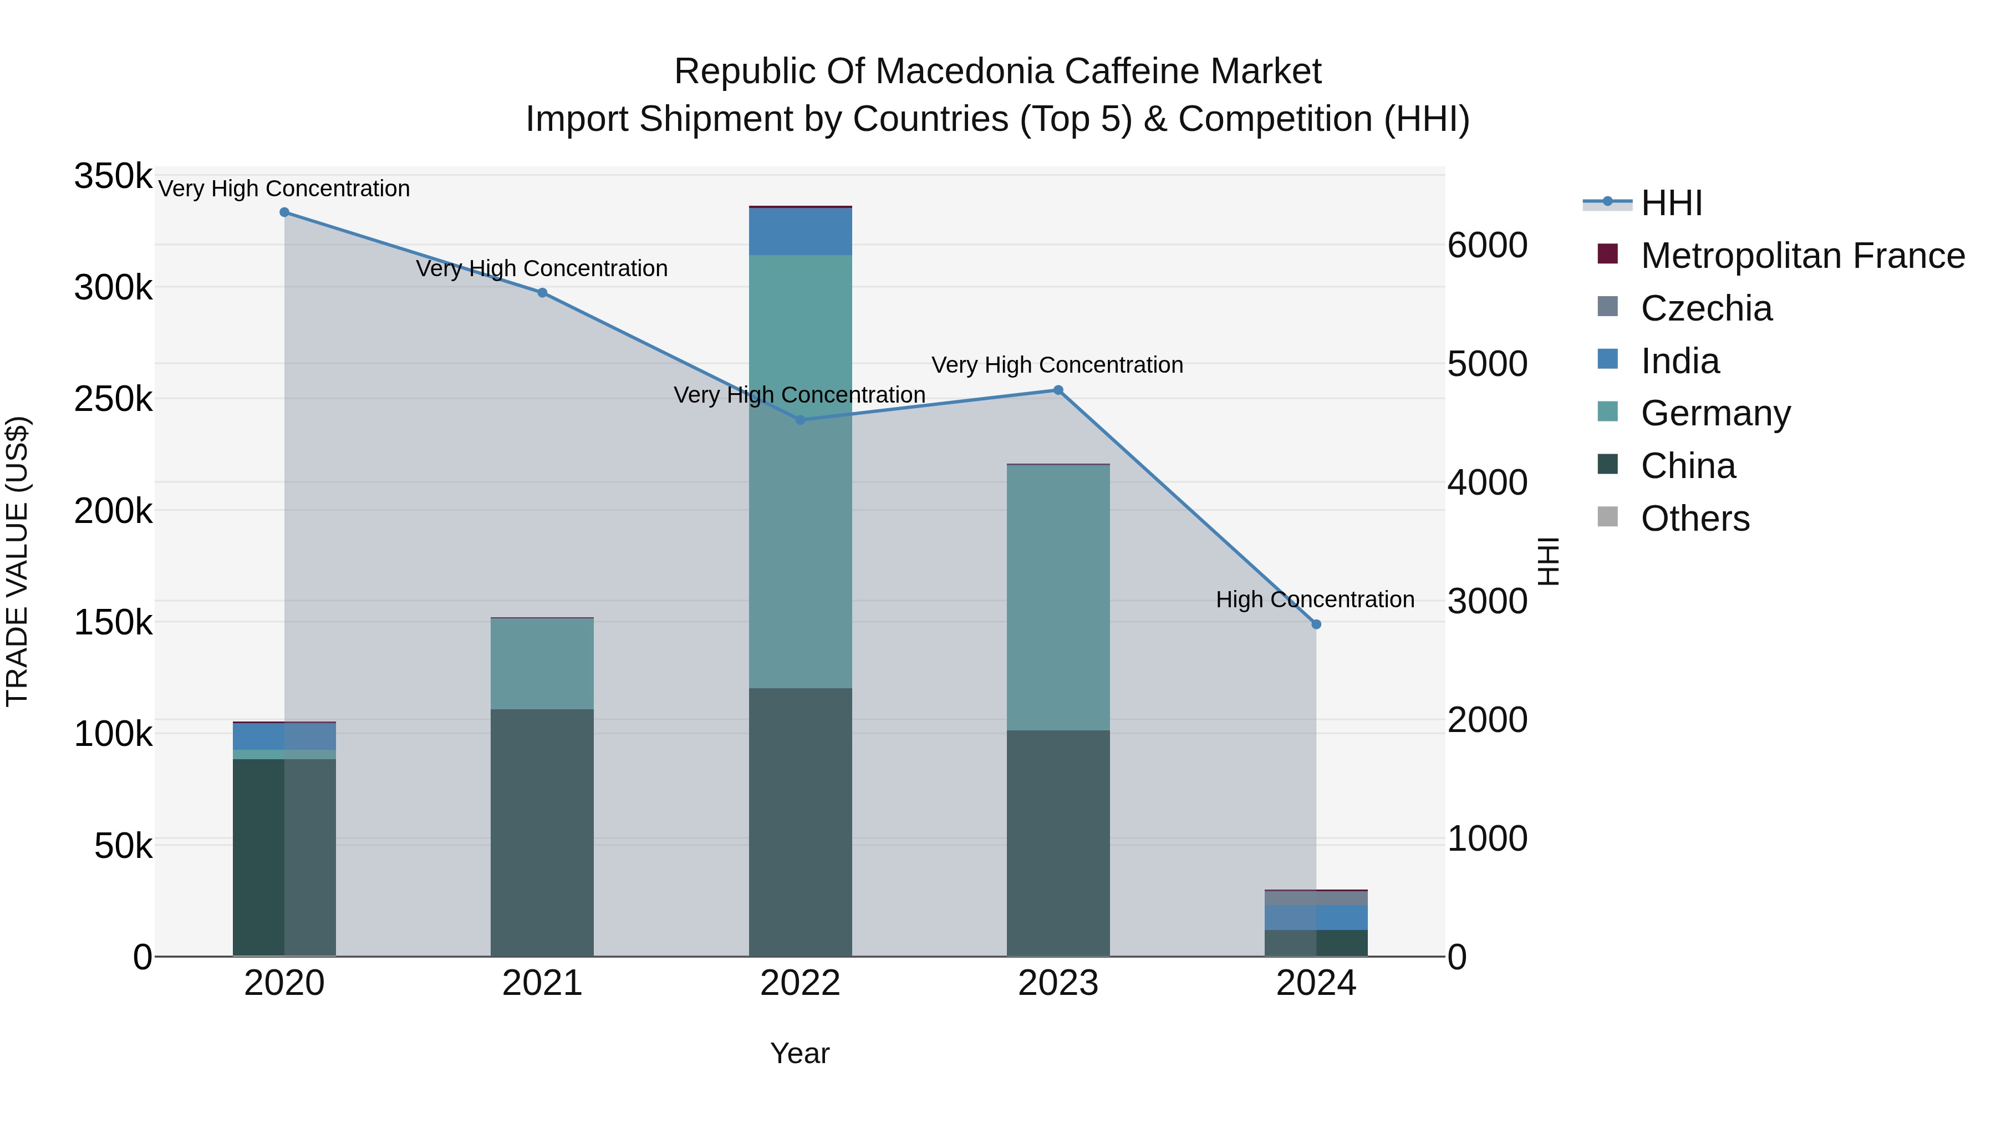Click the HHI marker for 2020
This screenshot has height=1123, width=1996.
(284, 212)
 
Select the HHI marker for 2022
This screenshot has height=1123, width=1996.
(801, 420)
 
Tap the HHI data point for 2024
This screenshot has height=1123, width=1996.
(1316, 624)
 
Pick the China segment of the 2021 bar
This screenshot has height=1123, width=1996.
(542, 833)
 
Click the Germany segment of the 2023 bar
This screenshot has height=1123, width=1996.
(1058, 597)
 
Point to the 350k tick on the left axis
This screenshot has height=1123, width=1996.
(113, 177)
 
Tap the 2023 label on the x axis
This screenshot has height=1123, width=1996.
(1058, 983)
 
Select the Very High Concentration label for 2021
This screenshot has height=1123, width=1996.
(542, 269)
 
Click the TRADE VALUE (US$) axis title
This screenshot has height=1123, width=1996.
(17, 561)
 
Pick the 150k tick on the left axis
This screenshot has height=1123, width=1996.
(113, 622)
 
